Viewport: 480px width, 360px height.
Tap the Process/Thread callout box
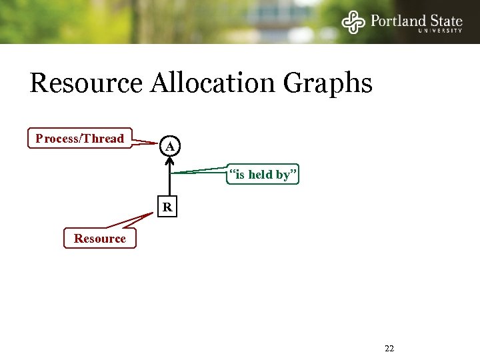click(x=80, y=139)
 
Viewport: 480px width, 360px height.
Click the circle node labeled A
click(x=170, y=146)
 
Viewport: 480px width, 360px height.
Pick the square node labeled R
click(x=168, y=208)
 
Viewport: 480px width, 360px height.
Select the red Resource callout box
click(x=99, y=238)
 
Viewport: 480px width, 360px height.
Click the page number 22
click(x=390, y=349)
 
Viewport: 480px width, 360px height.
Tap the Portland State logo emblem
click(x=353, y=22)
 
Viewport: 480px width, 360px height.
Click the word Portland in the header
click(x=399, y=19)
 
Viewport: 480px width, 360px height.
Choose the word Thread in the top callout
click(x=103, y=139)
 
